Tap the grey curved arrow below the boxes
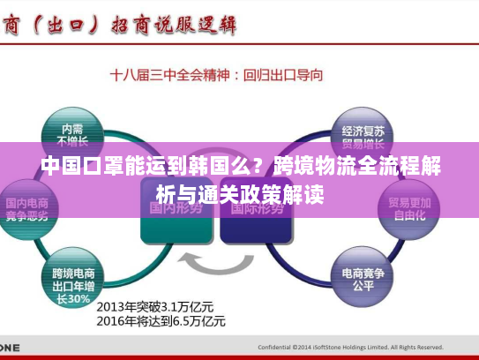(x=215, y=262)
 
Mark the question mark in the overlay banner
(x=260, y=166)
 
